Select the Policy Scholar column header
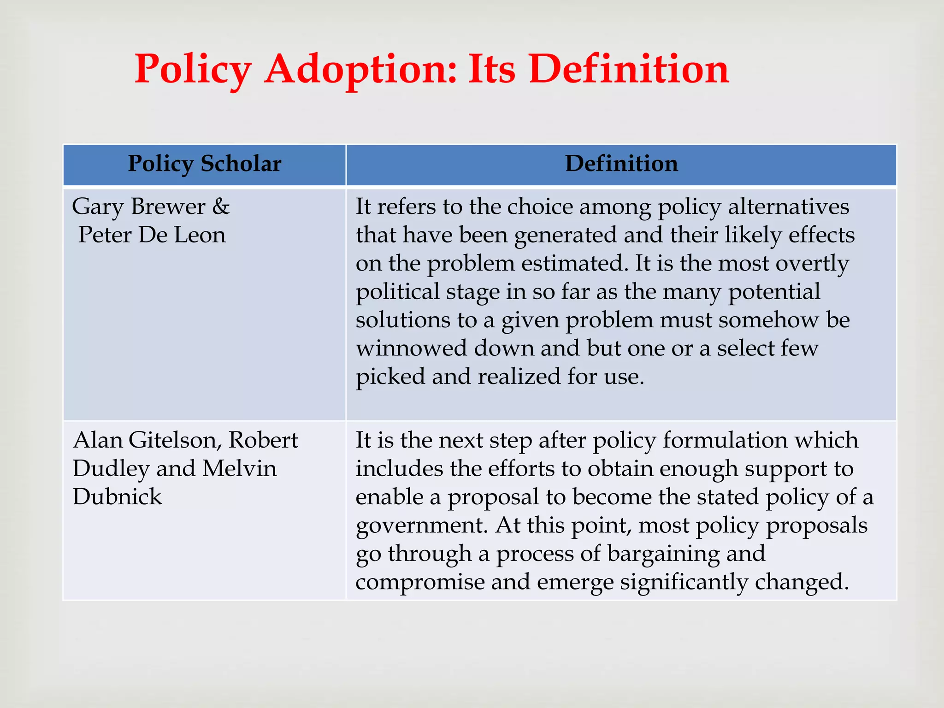pyautogui.click(x=204, y=164)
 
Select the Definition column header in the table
pyautogui.click(x=621, y=164)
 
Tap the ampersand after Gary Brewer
pyautogui.click(x=221, y=206)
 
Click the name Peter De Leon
pyautogui.click(x=152, y=235)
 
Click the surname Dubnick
pyautogui.click(x=117, y=497)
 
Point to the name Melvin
pyautogui.click(x=239, y=469)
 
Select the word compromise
pyautogui.click(x=419, y=582)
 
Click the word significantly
pyautogui.click(x=684, y=582)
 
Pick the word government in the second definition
pyautogui.click(x=422, y=525)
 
